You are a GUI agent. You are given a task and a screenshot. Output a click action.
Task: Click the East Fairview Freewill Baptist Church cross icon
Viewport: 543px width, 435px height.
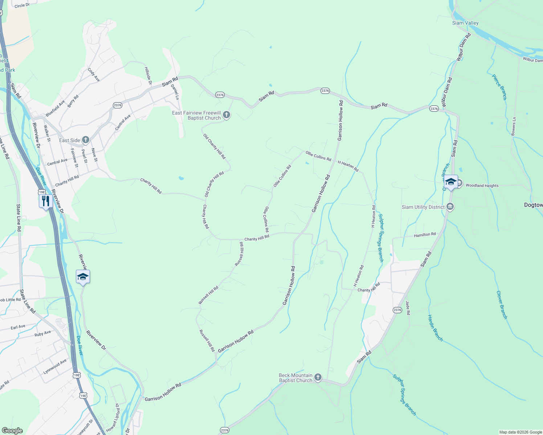[x=226, y=115]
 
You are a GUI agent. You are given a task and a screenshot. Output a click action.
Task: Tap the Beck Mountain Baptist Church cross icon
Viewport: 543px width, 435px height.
[x=318, y=378]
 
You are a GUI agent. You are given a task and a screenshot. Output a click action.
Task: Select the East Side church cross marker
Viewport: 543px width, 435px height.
[x=86, y=140]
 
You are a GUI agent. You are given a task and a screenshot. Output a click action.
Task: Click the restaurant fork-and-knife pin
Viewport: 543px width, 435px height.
[x=45, y=201]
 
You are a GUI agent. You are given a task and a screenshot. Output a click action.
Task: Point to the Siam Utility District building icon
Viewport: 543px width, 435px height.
[x=450, y=207]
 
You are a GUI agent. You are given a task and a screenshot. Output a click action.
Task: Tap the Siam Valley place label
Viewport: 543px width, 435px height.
[x=465, y=23]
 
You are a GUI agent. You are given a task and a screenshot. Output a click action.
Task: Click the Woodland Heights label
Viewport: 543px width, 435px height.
[x=482, y=186]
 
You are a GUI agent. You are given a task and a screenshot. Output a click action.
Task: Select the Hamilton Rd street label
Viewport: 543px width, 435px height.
[x=425, y=235]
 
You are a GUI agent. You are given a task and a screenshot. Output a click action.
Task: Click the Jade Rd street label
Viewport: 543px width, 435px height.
[x=408, y=308]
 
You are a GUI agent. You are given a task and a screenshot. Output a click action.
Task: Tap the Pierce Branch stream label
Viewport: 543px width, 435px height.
[x=499, y=87]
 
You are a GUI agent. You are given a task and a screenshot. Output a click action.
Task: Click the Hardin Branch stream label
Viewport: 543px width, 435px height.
[x=435, y=328]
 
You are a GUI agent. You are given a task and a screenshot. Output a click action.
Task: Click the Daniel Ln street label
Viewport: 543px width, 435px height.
[x=175, y=92]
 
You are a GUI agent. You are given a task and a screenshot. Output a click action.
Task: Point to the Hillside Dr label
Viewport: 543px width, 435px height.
[x=148, y=75]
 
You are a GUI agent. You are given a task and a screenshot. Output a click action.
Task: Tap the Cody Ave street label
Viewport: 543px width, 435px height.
[x=94, y=74]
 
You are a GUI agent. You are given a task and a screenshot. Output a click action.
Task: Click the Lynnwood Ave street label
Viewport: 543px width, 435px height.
[x=55, y=367]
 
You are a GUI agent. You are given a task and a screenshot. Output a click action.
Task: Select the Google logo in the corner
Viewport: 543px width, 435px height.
[x=12, y=431]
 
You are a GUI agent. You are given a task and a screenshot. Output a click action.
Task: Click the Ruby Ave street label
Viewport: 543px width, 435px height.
[x=43, y=333]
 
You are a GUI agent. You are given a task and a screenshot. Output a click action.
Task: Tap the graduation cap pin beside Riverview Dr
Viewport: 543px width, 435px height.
[x=83, y=277]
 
